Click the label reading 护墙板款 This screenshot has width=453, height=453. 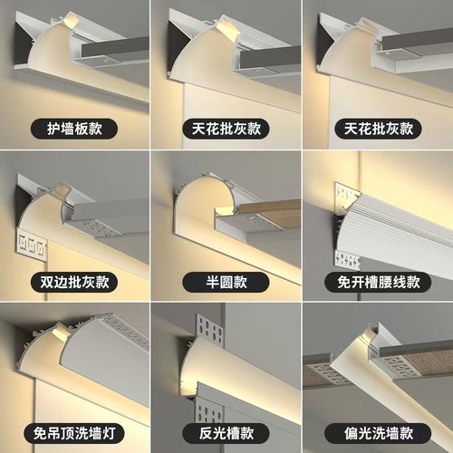[x=74, y=129]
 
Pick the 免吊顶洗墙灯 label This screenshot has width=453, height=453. [x=74, y=430]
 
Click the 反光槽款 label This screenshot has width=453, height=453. [x=226, y=430]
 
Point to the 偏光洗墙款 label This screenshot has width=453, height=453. [x=376, y=430]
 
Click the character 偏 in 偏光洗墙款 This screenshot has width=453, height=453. [x=342, y=430]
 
